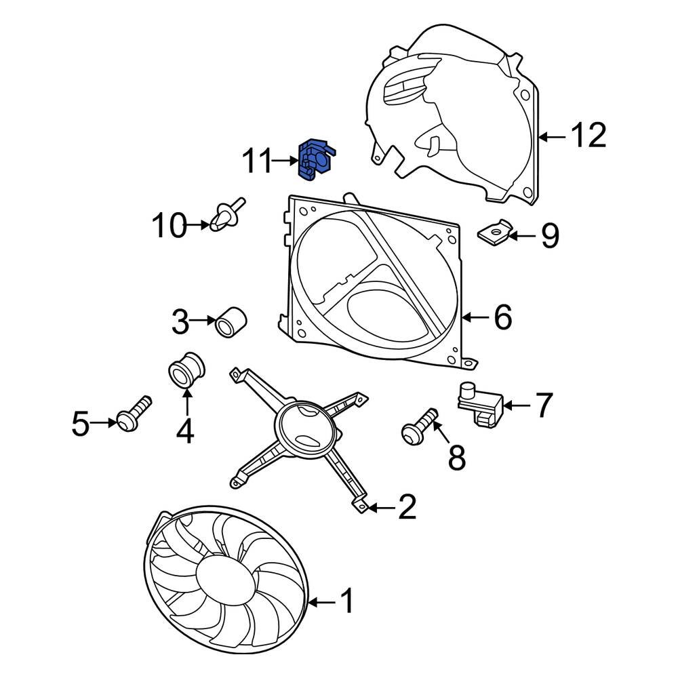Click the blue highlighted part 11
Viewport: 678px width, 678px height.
317,160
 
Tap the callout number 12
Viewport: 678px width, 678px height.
589,136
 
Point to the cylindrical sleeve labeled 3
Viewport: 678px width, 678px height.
231,322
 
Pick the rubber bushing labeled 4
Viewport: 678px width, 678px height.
186,370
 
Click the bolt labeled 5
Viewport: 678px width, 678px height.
133,414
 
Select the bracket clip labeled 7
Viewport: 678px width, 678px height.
481,403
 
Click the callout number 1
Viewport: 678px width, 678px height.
346,600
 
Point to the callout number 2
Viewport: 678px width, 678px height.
406,506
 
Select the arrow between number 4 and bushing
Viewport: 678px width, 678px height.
187,403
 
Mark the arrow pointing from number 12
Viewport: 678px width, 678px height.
552,137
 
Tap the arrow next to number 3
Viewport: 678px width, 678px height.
202,321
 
